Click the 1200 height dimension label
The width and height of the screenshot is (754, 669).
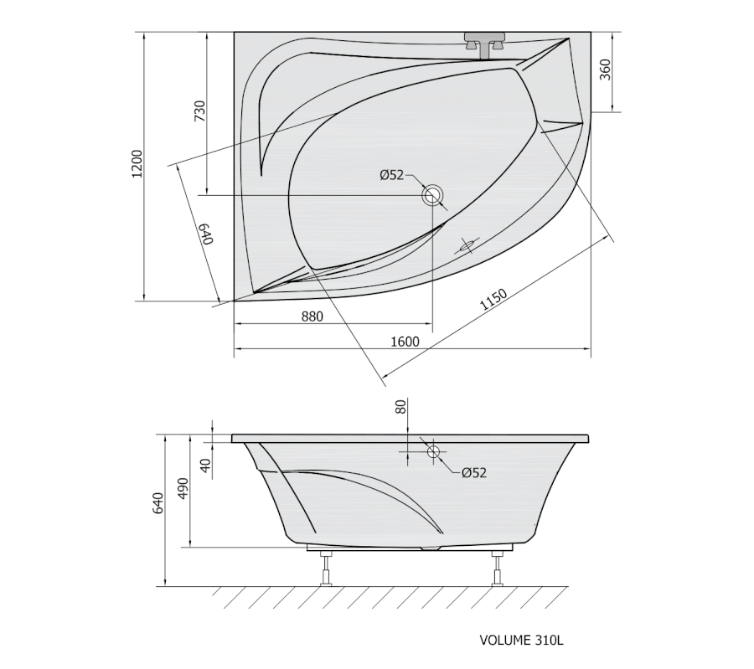(137, 163)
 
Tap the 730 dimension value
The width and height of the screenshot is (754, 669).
(199, 111)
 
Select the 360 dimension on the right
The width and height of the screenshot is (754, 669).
(606, 69)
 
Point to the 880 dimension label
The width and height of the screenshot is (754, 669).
(312, 316)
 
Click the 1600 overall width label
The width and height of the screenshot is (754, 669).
(405, 342)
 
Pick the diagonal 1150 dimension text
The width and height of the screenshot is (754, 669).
(493, 300)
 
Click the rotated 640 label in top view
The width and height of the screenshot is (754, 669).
(206, 234)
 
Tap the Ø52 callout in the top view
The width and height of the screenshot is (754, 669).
(392, 175)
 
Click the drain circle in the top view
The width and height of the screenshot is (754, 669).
(433, 196)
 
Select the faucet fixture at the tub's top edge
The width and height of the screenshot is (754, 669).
(485, 44)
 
